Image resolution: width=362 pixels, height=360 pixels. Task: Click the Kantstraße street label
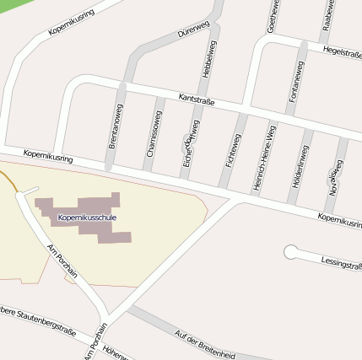click(197, 99)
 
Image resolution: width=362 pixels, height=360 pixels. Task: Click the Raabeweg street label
click(327, 15)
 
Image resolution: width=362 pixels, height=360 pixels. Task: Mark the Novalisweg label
click(335, 178)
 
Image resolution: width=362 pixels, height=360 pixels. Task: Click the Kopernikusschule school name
click(87, 218)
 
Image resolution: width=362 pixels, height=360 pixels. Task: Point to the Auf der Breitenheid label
click(204, 344)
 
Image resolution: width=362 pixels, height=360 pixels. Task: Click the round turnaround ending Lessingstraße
click(291, 251)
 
